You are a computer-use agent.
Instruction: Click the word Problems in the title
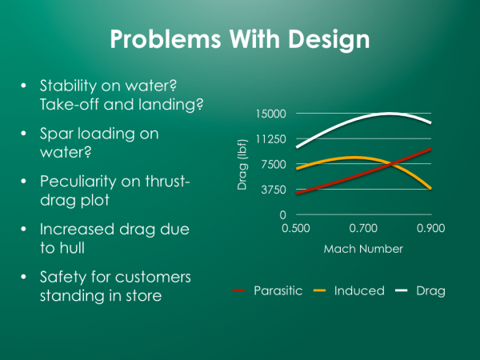(166, 39)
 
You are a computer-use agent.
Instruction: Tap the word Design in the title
(329, 40)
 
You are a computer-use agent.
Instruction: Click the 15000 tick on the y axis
(270, 114)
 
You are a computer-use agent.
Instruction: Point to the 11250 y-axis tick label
(270, 139)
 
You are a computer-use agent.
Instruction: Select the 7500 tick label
(274, 164)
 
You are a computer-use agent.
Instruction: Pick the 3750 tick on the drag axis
(274, 190)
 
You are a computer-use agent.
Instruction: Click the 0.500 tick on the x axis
(296, 228)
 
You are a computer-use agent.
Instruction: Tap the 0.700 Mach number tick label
(363, 228)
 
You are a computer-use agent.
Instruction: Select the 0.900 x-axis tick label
(430, 228)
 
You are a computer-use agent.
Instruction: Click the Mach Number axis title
(363, 249)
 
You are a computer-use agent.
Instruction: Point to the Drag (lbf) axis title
(242, 164)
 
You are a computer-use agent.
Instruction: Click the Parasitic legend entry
(267, 290)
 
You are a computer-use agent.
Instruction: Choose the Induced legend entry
(349, 290)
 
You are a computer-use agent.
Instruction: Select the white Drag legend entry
(420, 291)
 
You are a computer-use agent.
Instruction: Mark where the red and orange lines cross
(390, 164)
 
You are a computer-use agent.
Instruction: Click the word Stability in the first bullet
(68, 86)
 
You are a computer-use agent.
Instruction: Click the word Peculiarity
(78, 182)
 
